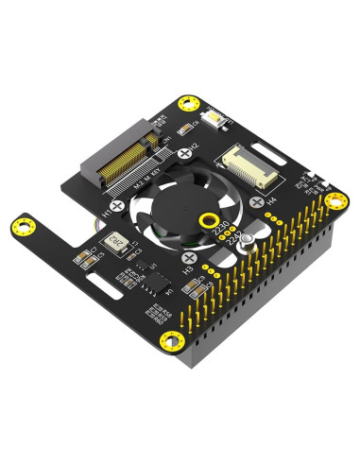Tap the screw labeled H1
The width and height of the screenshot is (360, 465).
[x=116, y=205]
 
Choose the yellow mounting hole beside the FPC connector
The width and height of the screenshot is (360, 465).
[x=334, y=199]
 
